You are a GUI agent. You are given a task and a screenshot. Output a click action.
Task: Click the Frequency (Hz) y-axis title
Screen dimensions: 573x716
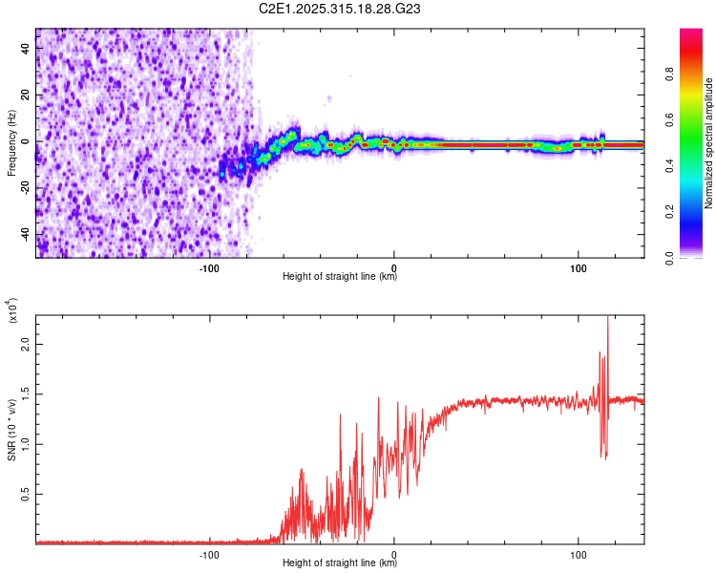[11, 143]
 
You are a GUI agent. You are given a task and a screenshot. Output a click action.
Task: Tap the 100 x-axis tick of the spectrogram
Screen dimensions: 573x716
[579, 265]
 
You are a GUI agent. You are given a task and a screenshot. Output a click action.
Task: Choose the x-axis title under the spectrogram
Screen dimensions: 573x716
[340, 277]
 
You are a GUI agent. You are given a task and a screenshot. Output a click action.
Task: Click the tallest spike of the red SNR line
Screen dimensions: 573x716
[607, 319]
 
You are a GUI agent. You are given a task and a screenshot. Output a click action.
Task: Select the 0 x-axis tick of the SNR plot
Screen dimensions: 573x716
[394, 553]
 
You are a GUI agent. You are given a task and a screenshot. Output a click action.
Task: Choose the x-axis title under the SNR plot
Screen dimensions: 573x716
[340, 563]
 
